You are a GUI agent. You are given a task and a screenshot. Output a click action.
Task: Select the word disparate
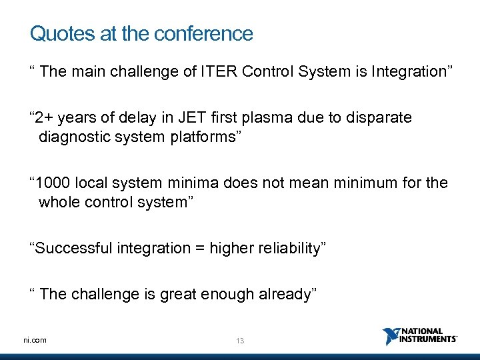point(384,118)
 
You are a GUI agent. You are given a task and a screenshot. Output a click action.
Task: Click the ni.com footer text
point(35,340)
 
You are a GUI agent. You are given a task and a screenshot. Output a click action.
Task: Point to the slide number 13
point(240,341)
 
